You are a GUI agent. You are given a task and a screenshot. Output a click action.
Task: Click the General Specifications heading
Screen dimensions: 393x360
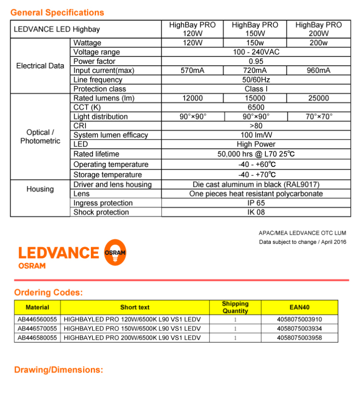[57, 13]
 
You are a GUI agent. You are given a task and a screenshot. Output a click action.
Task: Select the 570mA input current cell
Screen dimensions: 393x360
[192, 71]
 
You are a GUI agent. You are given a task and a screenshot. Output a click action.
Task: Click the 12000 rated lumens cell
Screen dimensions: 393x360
[192, 98]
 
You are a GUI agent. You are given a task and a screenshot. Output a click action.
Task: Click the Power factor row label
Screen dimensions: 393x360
[94, 61]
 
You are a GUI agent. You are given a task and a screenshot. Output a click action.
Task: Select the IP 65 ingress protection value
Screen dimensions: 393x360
[256, 203]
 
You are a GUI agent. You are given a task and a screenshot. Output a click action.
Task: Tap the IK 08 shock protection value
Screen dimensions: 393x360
[256, 212]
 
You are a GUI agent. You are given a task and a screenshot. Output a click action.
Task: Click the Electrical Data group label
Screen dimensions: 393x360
[40, 66]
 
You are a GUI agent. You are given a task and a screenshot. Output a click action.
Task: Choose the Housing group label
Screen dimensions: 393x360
[40, 189]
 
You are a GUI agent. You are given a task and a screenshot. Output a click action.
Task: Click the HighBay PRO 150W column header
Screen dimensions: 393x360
[255, 29]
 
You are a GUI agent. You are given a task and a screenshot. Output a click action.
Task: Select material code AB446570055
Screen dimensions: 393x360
[37, 329]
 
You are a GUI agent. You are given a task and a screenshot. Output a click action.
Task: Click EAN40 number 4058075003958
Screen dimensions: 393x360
[299, 338]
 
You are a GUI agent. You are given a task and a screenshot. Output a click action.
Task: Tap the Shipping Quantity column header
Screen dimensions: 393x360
[235, 307]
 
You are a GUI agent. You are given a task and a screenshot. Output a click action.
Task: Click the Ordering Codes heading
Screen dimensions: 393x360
[49, 292]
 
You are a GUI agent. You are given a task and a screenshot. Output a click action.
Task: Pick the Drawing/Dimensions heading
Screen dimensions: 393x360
[58, 370]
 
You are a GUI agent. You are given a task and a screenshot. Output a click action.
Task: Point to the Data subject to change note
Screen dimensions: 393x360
[302, 242]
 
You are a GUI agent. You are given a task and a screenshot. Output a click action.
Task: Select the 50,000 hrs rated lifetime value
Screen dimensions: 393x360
[256, 154]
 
